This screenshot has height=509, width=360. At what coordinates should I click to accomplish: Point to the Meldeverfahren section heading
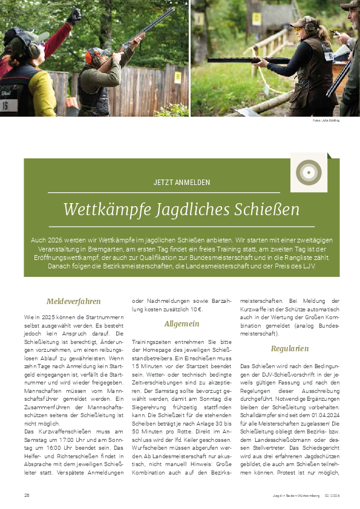[73, 301]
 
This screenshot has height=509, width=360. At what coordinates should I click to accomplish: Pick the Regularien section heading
[290, 348]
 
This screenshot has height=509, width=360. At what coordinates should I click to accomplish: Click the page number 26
[27, 496]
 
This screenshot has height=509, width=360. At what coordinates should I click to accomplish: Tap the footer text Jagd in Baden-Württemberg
[296, 496]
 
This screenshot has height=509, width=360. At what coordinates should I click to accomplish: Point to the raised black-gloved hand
[74, 15]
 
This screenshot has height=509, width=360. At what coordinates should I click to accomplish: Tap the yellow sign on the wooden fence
[177, 77]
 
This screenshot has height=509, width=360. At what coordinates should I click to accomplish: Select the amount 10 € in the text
[195, 309]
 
